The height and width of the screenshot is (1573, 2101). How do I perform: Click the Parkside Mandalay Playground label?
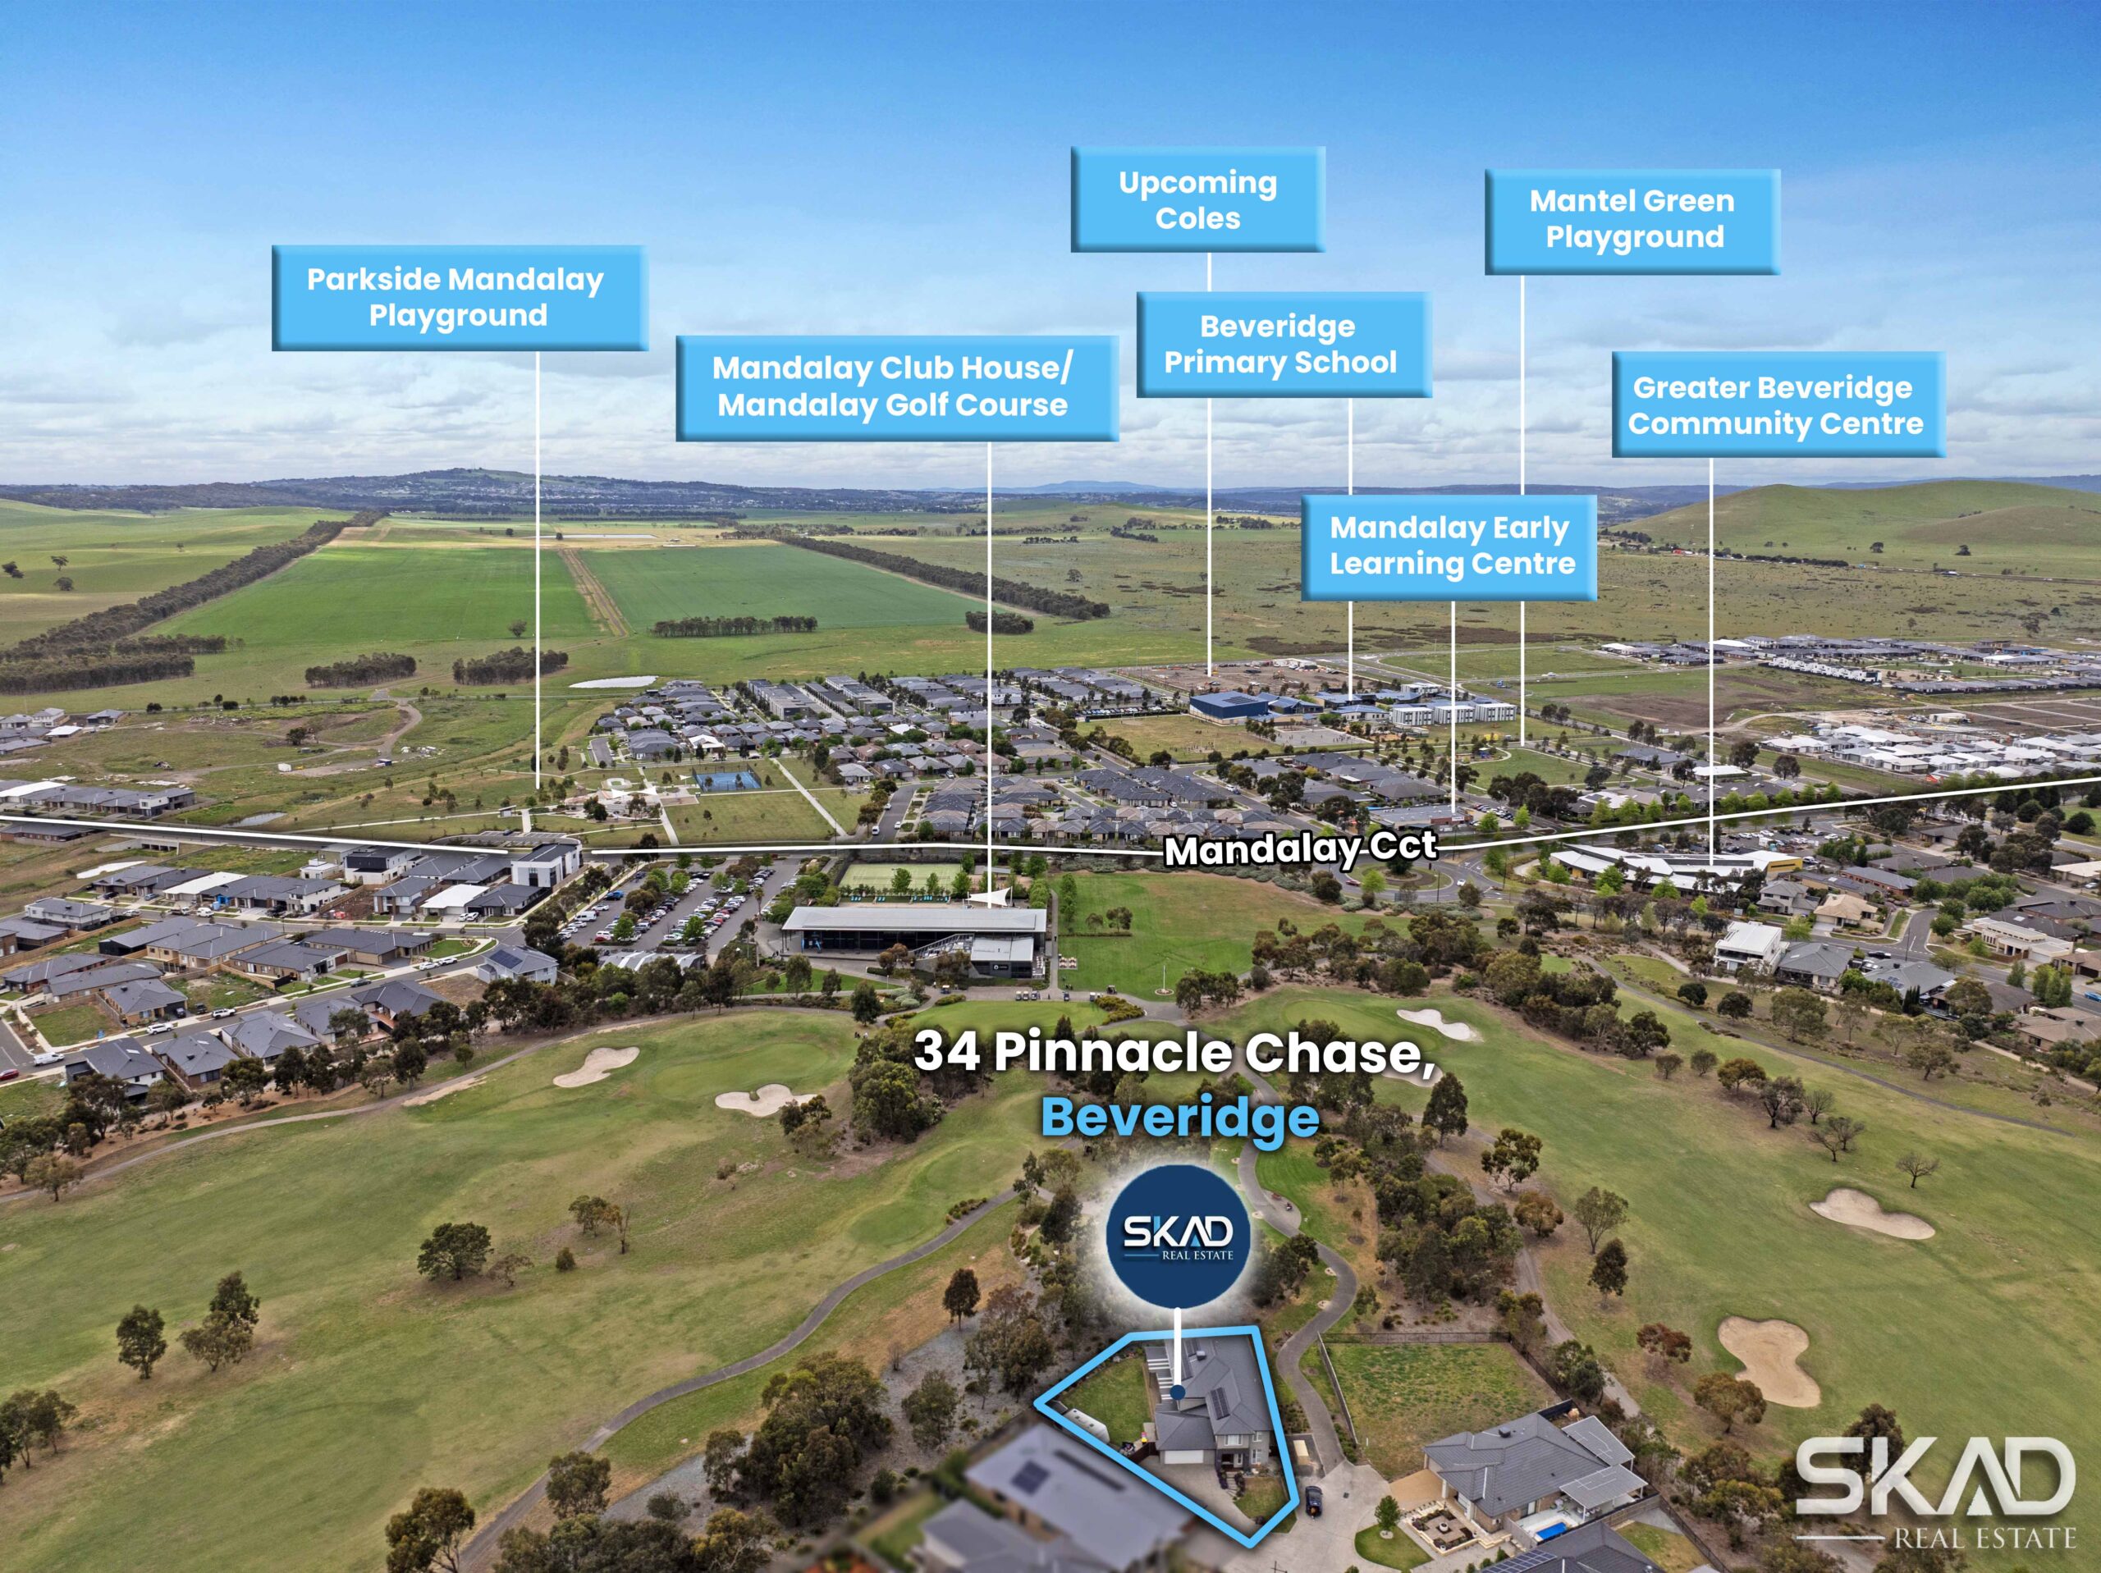[x=459, y=297]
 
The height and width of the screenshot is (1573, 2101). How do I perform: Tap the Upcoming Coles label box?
[x=1197, y=199]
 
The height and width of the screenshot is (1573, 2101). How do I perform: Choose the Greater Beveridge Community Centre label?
[x=1777, y=405]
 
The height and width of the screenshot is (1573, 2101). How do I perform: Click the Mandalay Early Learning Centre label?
[x=1449, y=546]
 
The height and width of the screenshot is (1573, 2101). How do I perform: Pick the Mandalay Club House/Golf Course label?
[x=895, y=386]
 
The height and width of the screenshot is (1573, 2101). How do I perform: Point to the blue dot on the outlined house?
[x=1178, y=1392]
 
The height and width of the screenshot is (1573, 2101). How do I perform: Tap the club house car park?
[x=665, y=912]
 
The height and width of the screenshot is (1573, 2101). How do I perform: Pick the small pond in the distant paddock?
[x=612, y=682]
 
